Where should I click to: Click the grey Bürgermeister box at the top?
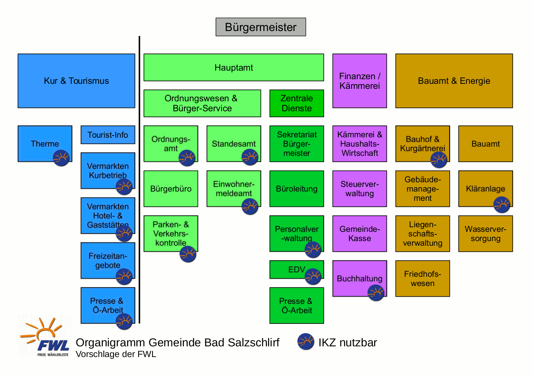(x=261, y=27)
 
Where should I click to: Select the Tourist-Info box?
(x=108, y=135)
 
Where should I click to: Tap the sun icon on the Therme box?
(x=61, y=158)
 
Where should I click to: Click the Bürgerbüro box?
(x=171, y=189)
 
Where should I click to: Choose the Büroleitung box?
(x=297, y=189)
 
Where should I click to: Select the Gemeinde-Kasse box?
(x=359, y=234)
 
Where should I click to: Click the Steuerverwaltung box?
(x=359, y=189)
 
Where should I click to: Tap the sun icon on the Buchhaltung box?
(x=376, y=293)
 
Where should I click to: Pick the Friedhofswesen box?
(x=423, y=279)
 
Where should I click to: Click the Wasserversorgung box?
(x=485, y=234)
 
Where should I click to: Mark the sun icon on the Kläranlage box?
(x=502, y=205)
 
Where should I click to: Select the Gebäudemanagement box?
(x=423, y=189)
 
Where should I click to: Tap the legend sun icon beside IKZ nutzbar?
(x=306, y=342)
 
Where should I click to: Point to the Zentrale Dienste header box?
(x=297, y=103)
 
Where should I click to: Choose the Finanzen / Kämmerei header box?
(x=359, y=81)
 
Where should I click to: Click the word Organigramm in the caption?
(x=111, y=342)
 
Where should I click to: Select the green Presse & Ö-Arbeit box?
(x=297, y=306)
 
